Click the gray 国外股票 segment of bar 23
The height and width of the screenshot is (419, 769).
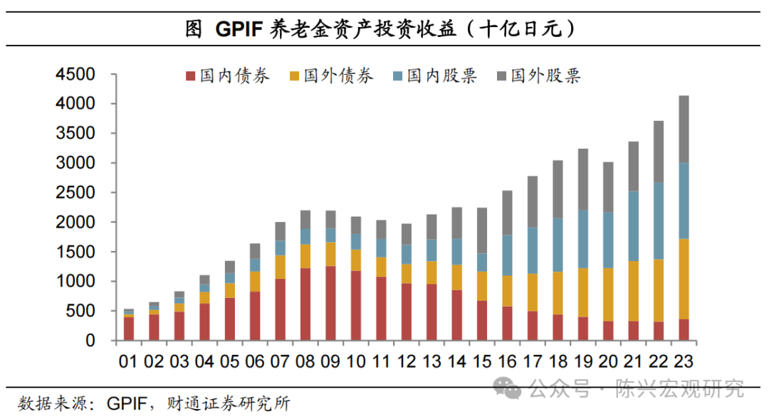tap(684, 129)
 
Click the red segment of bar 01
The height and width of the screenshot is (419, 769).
tap(128, 328)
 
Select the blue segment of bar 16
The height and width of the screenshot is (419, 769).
tap(506, 255)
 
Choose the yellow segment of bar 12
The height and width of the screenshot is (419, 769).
tap(405, 274)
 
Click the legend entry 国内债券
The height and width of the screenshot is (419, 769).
tap(228, 76)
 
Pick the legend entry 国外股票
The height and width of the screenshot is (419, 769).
tap(538, 76)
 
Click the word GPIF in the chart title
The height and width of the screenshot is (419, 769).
tap(238, 29)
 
